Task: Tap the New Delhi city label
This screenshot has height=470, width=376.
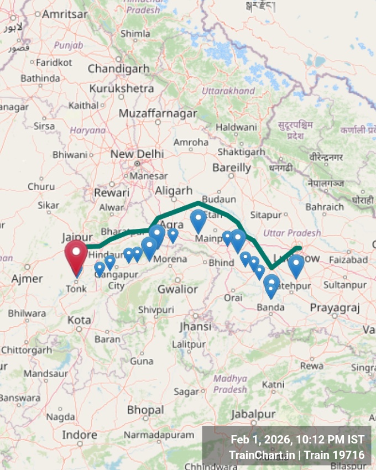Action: pyautogui.click(x=137, y=154)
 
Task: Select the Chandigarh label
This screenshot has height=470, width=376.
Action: pyautogui.click(x=118, y=69)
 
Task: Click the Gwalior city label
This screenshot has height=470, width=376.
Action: pyautogui.click(x=177, y=289)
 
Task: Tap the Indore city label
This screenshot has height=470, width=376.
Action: pyautogui.click(x=79, y=435)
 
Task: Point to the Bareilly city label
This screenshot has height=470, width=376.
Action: pyautogui.click(x=231, y=167)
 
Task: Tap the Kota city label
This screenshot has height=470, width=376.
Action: pyautogui.click(x=79, y=320)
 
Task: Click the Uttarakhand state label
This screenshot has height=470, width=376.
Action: pyautogui.click(x=228, y=91)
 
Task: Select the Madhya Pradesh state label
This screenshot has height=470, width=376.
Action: pyautogui.click(x=230, y=384)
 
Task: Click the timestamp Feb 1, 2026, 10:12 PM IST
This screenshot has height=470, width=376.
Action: pyautogui.click(x=297, y=440)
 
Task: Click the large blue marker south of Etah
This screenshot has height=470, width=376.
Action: pyautogui.click(x=198, y=220)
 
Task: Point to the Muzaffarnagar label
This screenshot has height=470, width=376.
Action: pyautogui.click(x=158, y=113)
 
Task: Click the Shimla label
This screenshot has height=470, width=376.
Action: pyautogui.click(x=135, y=34)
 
